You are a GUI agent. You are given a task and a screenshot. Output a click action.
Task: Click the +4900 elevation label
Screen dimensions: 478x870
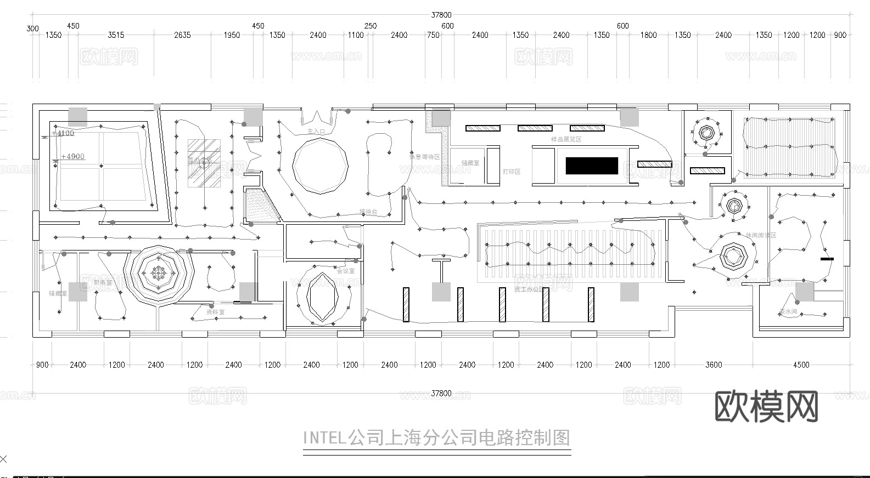coord(72,157)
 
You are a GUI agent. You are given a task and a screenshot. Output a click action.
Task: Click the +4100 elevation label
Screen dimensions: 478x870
coord(63,133)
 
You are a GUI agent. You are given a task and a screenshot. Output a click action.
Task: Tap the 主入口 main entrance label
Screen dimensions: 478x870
coord(316,132)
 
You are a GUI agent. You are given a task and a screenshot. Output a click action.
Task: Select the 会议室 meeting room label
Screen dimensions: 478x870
coord(345,271)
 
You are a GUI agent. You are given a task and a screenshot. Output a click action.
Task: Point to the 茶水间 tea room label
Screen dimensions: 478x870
coord(788,311)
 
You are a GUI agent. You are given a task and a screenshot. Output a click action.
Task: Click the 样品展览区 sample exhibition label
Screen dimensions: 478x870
coord(566,139)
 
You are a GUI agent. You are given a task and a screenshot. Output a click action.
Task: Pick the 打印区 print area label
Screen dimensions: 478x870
coord(512,172)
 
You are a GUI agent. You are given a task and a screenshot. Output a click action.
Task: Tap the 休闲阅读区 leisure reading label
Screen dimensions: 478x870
coord(761,235)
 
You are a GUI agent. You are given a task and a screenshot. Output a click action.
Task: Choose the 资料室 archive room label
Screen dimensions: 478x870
coord(215,312)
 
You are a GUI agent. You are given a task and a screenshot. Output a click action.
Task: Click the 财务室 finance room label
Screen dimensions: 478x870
coord(103,282)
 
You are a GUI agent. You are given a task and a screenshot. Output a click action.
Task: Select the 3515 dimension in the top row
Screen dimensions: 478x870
coord(116,35)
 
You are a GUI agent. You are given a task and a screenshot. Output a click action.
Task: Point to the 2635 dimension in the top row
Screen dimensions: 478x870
coord(182,35)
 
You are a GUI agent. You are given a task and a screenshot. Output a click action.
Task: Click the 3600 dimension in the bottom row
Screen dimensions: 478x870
coord(714,365)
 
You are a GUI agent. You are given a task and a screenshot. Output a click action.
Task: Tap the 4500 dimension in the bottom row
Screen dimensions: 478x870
coord(801,365)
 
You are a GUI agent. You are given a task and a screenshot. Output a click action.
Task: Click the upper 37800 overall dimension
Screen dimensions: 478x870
coord(441,15)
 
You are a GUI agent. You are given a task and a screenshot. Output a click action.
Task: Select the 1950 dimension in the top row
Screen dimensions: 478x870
coord(232,35)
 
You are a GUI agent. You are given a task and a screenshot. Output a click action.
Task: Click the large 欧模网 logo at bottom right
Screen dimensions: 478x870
coord(767,406)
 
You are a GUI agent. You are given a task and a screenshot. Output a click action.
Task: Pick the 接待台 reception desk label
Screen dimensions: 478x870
coord(368,212)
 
